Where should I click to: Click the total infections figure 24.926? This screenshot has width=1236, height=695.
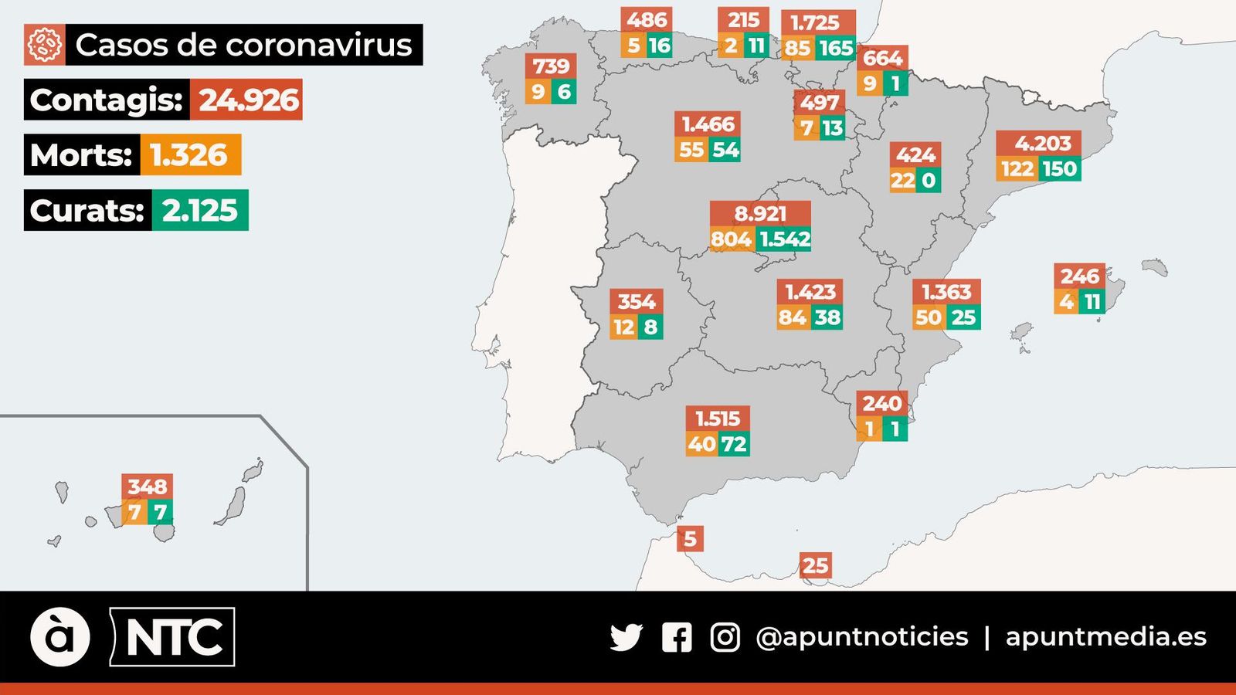tap(247, 100)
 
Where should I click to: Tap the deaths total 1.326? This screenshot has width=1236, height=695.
tap(190, 154)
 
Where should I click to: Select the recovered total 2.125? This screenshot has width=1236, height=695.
tap(199, 210)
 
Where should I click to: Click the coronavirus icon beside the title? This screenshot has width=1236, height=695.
tap(44, 45)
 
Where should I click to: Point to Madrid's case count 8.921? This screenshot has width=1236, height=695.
tap(760, 213)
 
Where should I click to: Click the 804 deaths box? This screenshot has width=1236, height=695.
tap(731, 239)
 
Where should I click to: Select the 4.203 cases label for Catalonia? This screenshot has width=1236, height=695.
tap(1042, 144)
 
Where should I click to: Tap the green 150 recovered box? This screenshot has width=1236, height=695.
tap(1059, 168)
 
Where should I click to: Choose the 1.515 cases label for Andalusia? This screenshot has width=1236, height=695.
tap(718, 419)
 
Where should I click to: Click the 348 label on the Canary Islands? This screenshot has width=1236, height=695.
tap(147, 486)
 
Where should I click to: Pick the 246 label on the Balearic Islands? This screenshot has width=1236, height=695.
tap(1079, 276)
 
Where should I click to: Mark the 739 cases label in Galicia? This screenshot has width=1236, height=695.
tap(551, 66)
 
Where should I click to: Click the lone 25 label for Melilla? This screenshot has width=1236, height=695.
tap(815, 566)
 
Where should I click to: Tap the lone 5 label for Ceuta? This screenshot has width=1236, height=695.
tap(690, 538)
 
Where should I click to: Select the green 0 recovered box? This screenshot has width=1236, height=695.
tap(929, 181)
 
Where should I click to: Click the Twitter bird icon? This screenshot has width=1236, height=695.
tap(626, 637)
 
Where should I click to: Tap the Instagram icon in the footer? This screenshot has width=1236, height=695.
tap(725, 637)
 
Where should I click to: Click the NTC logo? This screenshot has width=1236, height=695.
tap(173, 637)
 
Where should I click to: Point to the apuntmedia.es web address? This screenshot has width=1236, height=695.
tap(1105, 637)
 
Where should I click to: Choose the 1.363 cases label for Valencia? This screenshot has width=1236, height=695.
tap(946, 292)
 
